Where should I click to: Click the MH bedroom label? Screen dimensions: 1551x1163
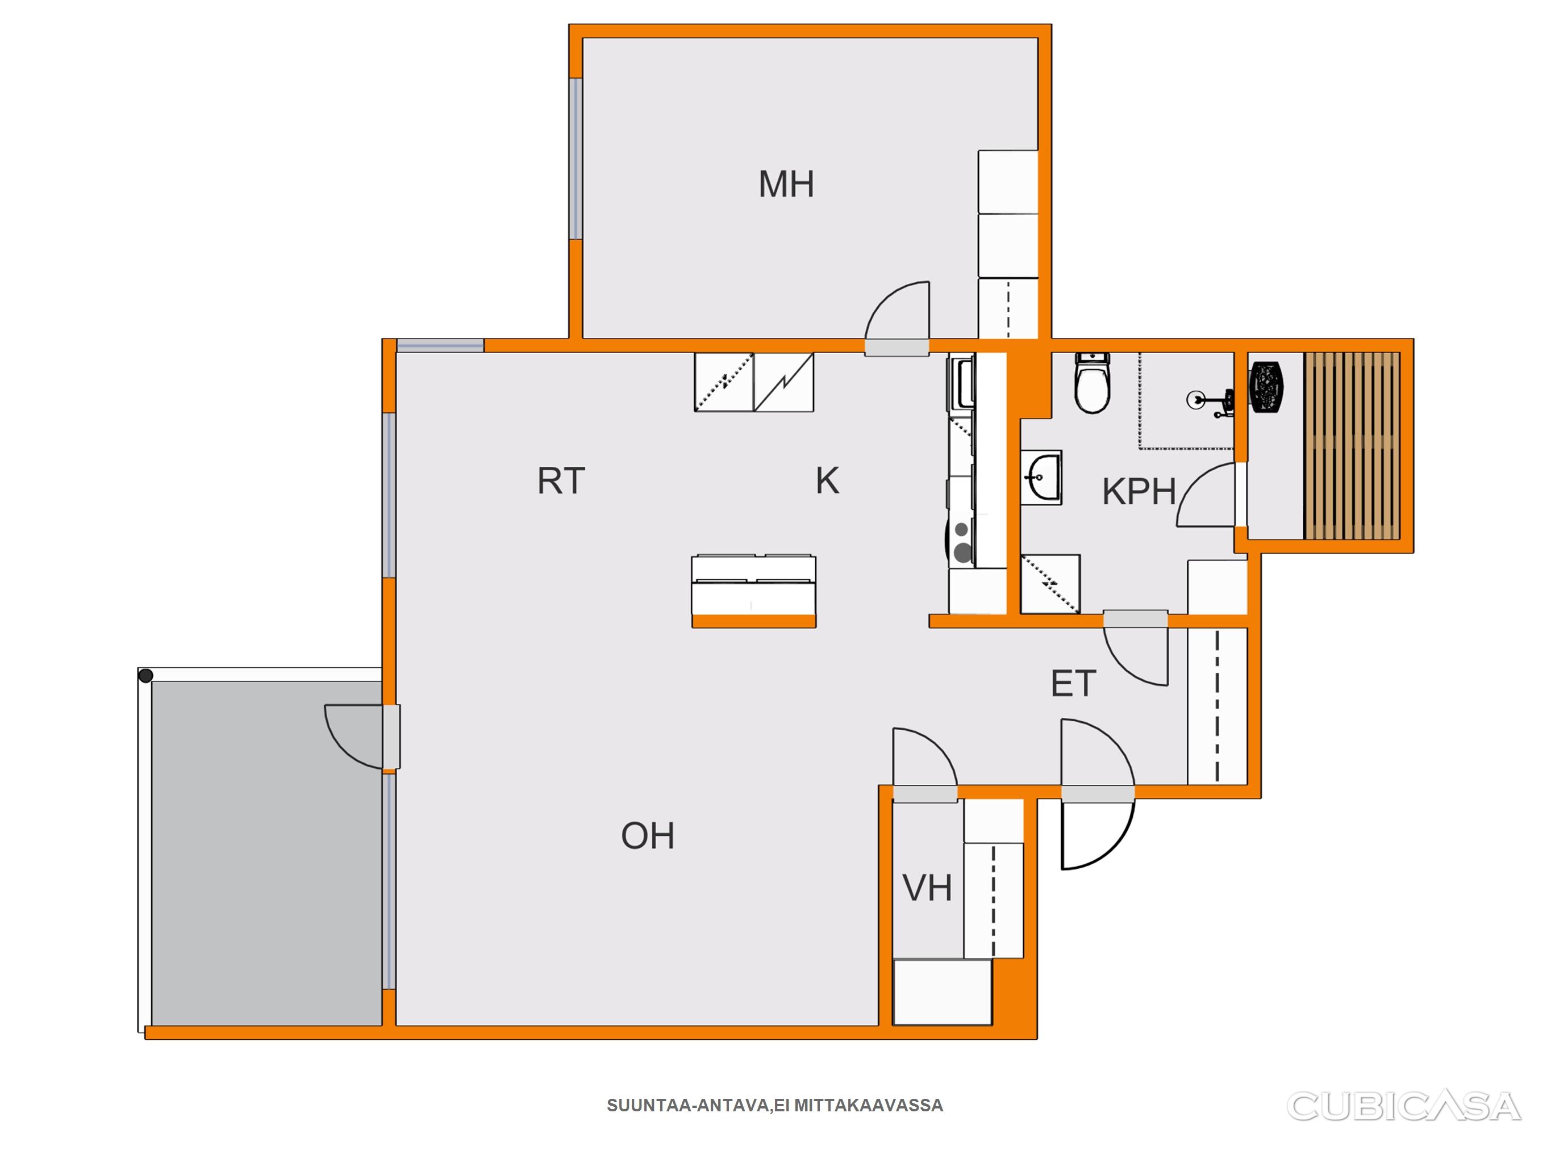[786, 185]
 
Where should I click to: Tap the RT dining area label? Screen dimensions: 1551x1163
[561, 481]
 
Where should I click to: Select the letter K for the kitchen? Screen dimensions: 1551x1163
[827, 481]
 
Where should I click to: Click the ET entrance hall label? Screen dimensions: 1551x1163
[1073, 684]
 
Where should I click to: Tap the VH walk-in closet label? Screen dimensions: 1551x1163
[927, 888]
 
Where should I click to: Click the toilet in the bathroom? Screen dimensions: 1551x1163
[1093, 383]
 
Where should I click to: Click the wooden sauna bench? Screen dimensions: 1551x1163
[1351, 446]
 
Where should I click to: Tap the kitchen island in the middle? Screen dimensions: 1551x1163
[754, 592]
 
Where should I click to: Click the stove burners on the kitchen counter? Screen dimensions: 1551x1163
[961, 542]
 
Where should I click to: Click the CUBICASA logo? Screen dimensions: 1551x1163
[1403, 1106]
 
